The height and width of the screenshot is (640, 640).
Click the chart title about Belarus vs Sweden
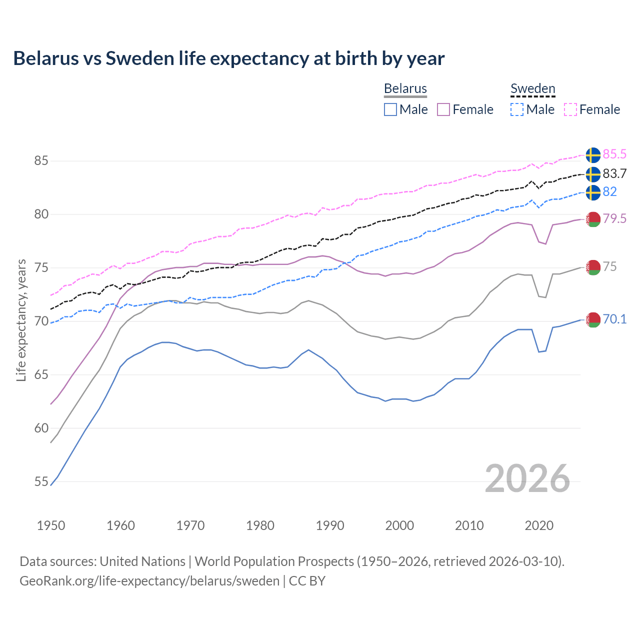pyautogui.click(x=228, y=58)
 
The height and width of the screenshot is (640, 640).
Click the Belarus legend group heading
pyautogui.click(x=405, y=88)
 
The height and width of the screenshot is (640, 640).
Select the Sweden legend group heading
pyautogui.click(x=532, y=88)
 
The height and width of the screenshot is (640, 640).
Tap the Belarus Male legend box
pyautogui.click(x=390, y=109)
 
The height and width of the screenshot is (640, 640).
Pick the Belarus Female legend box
pyautogui.click(x=443, y=109)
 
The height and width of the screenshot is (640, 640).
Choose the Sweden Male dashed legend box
pyautogui.click(x=517, y=109)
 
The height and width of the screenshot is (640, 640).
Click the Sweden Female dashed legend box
pyautogui.click(x=570, y=109)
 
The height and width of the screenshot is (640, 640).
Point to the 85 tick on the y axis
pyautogui.click(x=41, y=161)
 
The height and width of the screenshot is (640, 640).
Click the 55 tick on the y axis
pyautogui.click(x=41, y=482)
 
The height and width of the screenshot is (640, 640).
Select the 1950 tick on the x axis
pyautogui.click(x=51, y=525)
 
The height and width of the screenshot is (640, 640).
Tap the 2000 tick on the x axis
pyautogui.click(x=399, y=525)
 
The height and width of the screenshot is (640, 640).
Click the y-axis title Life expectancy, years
pyautogui.click(x=21, y=320)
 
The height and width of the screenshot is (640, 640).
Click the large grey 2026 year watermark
pyautogui.click(x=527, y=478)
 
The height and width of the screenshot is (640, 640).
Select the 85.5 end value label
pyautogui.click(x=614, y=154)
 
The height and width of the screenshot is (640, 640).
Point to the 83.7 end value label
pyautogui.click(x=614, y=173)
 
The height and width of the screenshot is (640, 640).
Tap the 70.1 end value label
pyautogui.click(x=614, y=319)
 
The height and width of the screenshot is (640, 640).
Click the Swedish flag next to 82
pyautogui.click(x=593, y=192)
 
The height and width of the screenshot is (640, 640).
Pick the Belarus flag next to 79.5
pyautogui.click(x=593, y=219)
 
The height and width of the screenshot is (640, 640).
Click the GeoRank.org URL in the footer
pyautogui.click(x=149, y=581)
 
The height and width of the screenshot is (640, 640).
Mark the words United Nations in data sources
pyautogui.click(x=142, y=561)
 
